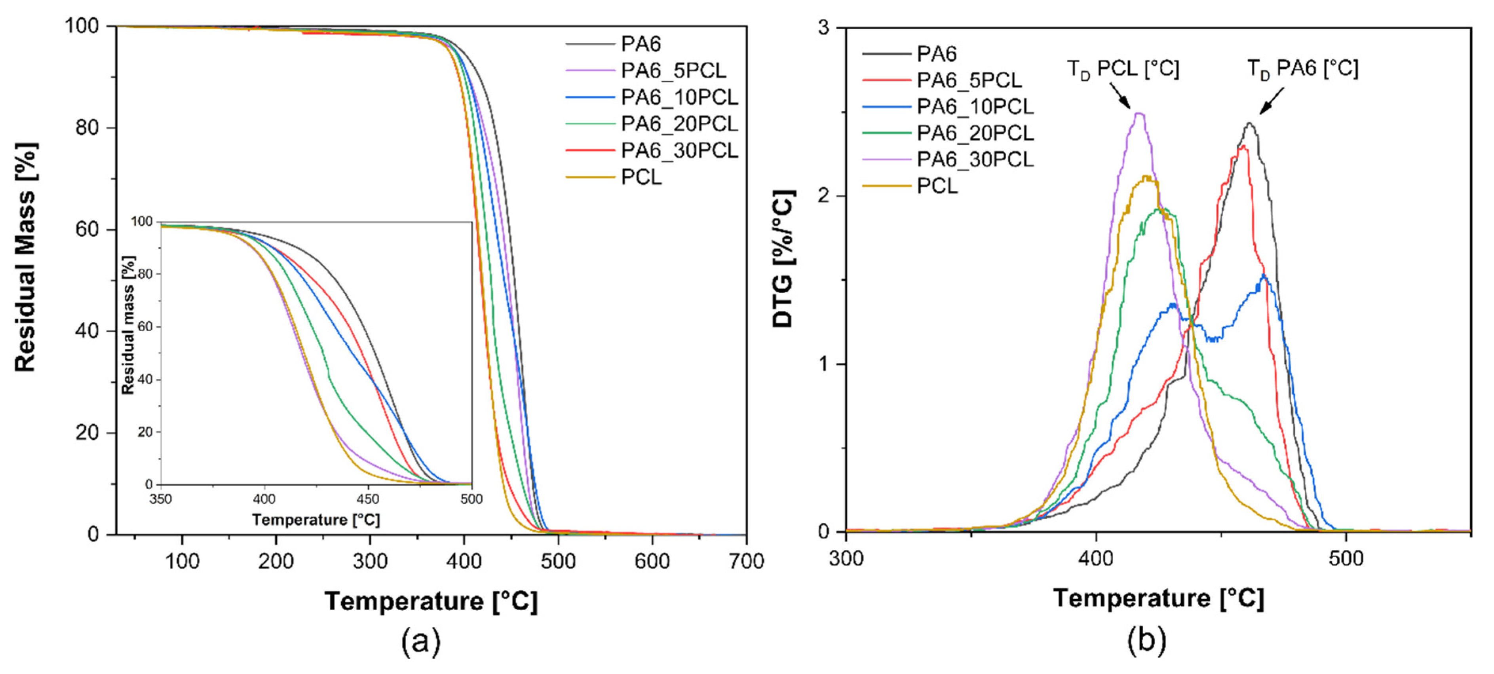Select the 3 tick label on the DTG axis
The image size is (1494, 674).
pos(823,28)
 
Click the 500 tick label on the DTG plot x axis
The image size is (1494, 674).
pos(1346,558)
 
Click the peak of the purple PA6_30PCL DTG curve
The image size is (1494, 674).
pos(1139,114)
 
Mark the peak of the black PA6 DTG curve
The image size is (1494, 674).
pos(1249,123)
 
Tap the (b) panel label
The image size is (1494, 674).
pos(1146,640)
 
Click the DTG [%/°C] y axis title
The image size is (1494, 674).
pos(783,259)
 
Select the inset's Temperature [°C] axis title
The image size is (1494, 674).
pos(316,520)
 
